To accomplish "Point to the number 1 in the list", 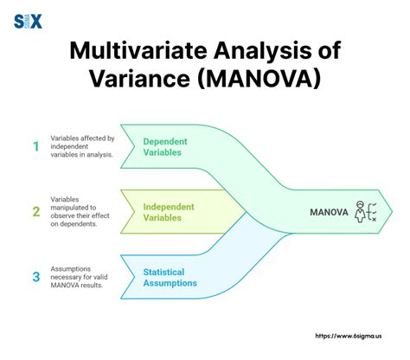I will coord(36,146).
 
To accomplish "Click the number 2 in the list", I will coord(36,209).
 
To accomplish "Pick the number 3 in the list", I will coord(36,277).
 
